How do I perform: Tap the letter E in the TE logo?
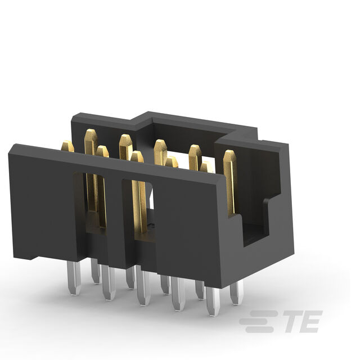click(310, 321)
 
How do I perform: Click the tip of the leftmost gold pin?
click(67, 142)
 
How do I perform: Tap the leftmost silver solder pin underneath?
click(74, 278)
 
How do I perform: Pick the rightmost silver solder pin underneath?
click(237, 292)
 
